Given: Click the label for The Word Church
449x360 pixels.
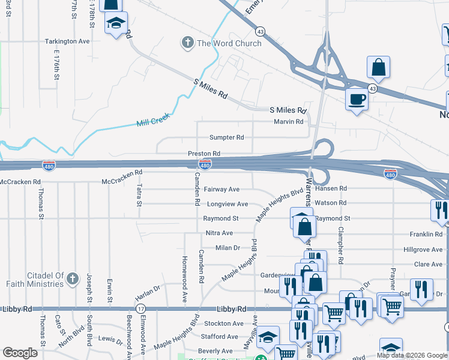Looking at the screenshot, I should pyautogui.click(x=229, y=43).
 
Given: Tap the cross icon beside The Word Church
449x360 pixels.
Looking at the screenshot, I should pyautogui.click(x=187, y=43).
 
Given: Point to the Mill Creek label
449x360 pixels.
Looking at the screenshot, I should pyautogui.click(x=149, y=122).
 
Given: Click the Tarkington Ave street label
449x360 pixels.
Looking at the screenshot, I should pyautogui.click(x=67, y=41).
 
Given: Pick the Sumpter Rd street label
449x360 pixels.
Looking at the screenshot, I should pyautogui.click(x=226, y=137).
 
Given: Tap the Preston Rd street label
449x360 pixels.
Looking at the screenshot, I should pyautogui.click(x=204, y=154).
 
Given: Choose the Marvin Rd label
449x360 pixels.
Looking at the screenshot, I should pyautogui.click(x=288, y=122).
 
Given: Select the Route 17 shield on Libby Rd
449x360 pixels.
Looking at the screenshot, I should pyautogui.click(x=140, y=308).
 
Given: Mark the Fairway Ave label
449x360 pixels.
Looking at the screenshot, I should pyautogui.click(x=221, y=189).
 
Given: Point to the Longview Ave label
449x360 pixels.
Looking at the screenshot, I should pyautogui.click(x=225, y=204).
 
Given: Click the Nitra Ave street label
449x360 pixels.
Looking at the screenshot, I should pyautogui.click(x=219, y=233).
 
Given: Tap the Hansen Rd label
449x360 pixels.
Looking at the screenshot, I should pyautogui.click(x=334, y=188).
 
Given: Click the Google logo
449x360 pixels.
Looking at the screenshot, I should pyautogui.click(x=20, y=352).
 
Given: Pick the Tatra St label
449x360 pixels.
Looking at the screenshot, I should pyautogui.click(x=139, y=195).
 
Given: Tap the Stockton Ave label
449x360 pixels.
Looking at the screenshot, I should pyautogui.click(x=224, y=323).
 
